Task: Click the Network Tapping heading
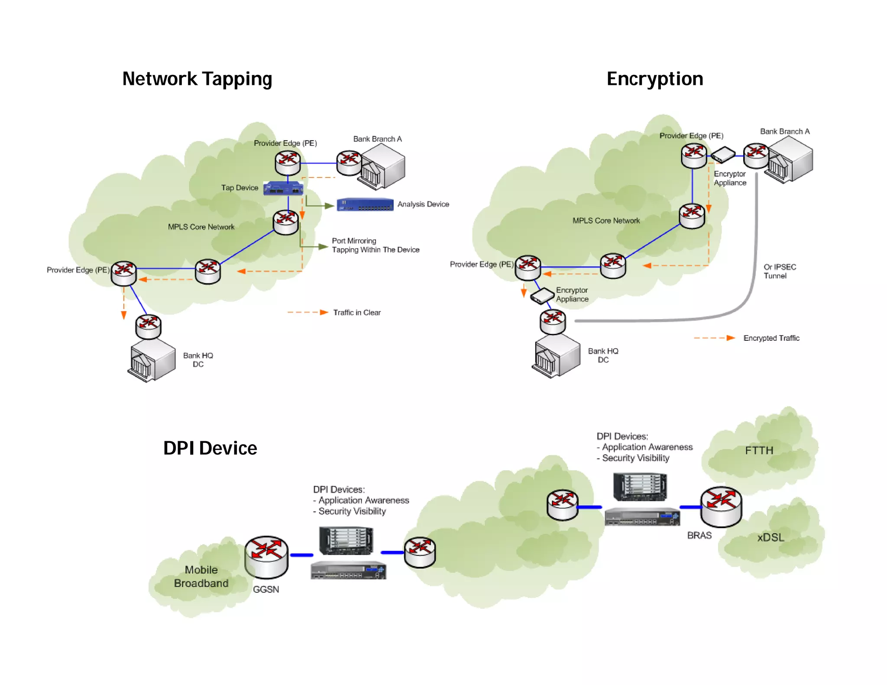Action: pos(197,79)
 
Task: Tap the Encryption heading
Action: pos(654,79)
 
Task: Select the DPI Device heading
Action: pos(210,448)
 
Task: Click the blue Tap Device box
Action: pos(283,188)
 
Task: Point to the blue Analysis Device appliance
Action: pos(365,204)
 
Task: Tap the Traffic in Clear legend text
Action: pos(356,313)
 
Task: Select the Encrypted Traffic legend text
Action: pos(771,338)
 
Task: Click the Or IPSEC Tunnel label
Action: pos(779,271)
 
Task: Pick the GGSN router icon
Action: pos(266,557)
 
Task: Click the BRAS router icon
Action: pos(721,507)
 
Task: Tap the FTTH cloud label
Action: pos(759,451)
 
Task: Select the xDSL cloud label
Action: pos(770,538)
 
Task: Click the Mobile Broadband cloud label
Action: pos(201,577)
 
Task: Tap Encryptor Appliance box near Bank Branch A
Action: pos(723,155)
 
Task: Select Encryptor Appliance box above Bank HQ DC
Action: pos(542,296)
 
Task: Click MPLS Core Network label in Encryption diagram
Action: pos(606,221)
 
